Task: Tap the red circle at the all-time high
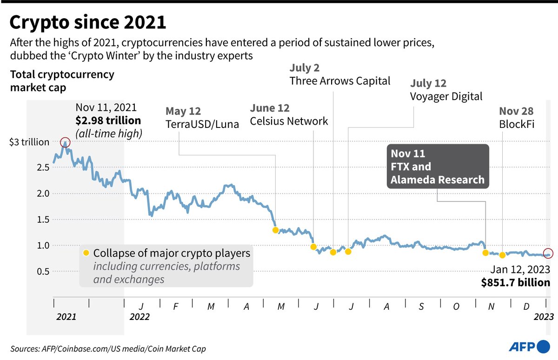65,142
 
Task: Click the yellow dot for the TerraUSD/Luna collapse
275,230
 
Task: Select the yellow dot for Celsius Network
313,247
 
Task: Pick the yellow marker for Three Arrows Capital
333,252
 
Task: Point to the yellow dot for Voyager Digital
348,252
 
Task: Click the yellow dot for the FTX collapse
485,253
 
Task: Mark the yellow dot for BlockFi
502,255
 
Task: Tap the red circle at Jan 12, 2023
549,253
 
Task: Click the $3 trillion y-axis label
29,142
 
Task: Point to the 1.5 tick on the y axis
42,219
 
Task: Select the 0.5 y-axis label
42,271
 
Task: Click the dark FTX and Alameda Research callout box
438,166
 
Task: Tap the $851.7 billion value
516,282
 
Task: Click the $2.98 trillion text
108,120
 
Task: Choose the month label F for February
175,307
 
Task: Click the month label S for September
421,307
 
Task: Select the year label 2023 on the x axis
543,317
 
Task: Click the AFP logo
529,346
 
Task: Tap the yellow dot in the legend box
86,253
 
